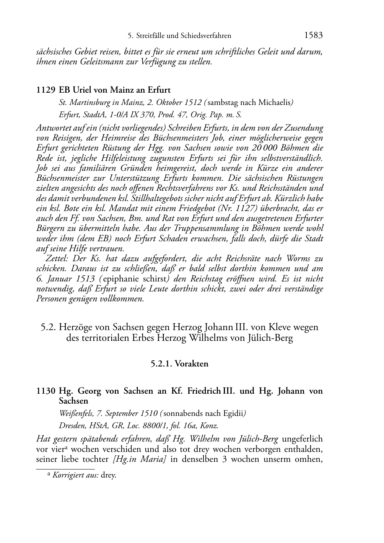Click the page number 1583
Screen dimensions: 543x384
pos(313,36)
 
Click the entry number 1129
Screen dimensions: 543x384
pos(46,90)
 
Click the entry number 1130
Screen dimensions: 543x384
pos(46,391)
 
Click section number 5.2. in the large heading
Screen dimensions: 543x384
pos(49,327)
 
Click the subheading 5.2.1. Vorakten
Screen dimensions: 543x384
pos(179,364)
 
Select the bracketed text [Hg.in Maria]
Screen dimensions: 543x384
pos(140,459)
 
